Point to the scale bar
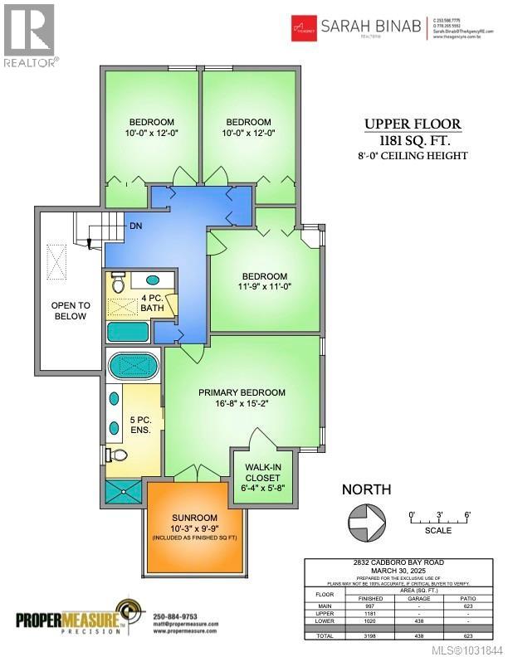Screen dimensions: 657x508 pyautogui.click(x=440, y=523)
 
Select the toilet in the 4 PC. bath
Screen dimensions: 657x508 pyautogui.click(x=117, y=283)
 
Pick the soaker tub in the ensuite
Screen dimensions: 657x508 pyautogui.click(x=134, y=366)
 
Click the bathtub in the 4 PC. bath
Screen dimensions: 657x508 pyautogui.click(x=127, y=331)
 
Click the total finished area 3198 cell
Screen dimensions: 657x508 pyautogui.click(x=370, y=636)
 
